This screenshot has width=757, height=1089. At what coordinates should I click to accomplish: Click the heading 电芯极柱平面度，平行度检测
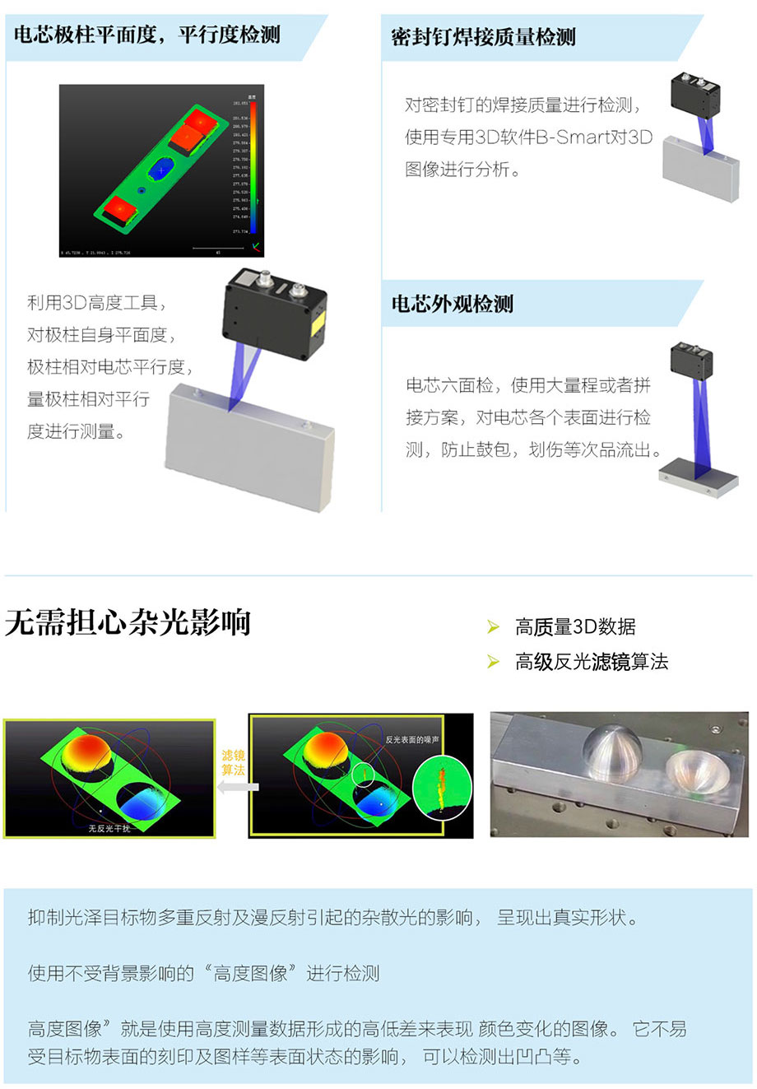[147, 35]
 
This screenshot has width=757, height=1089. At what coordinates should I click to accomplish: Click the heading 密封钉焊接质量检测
[483, 37]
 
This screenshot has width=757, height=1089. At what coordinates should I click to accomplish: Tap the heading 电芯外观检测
[452, 304]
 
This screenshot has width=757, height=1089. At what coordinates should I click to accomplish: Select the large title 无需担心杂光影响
[128, 622]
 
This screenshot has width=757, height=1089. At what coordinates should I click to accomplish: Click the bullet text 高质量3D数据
[575, 627]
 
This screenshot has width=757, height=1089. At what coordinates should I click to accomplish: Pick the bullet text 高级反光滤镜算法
[591, 662]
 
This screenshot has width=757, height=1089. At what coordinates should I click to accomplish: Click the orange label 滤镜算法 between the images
[233, 762]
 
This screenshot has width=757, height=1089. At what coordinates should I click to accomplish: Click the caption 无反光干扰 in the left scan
[109, 828]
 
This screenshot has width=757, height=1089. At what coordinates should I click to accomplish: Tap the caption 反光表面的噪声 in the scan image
[412, 740]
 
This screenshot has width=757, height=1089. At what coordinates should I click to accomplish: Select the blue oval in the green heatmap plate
[162, 170]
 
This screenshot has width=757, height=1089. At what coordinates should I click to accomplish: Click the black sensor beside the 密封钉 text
[696, 93]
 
